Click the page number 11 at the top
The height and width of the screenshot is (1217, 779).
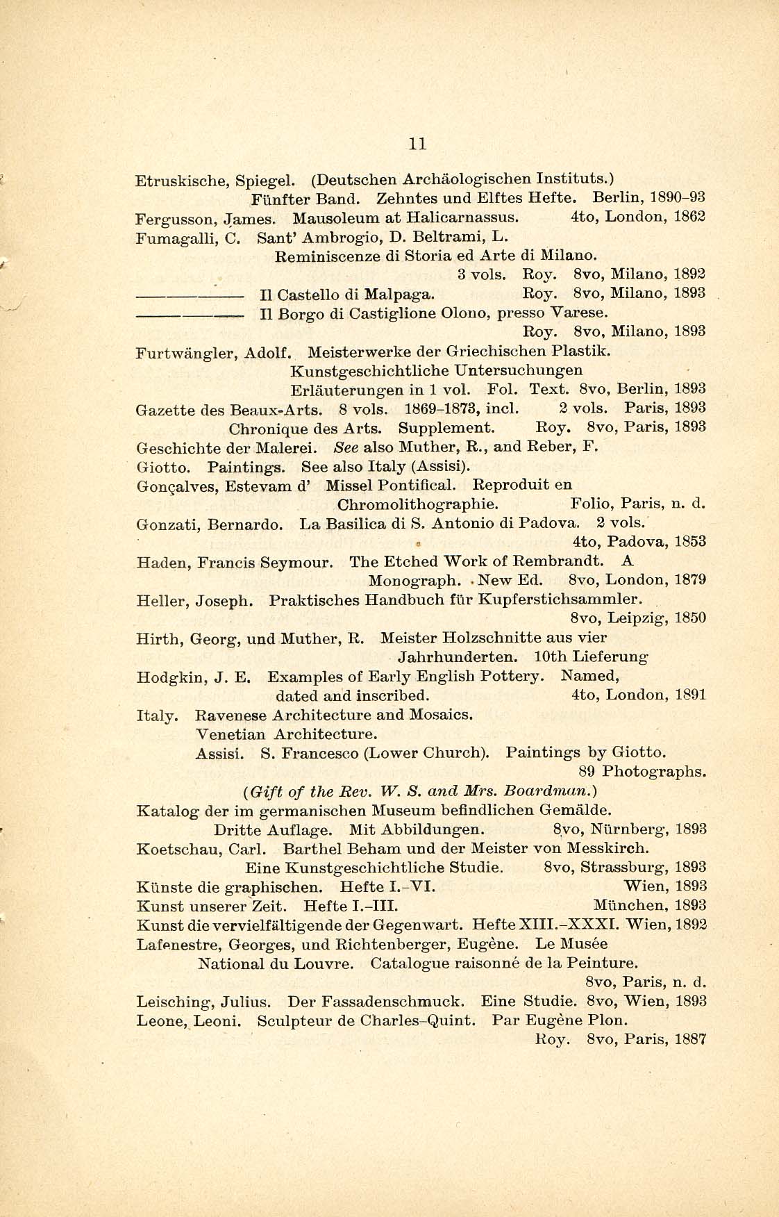417,144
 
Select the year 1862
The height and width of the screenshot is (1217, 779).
690,216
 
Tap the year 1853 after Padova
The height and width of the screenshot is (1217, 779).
690,540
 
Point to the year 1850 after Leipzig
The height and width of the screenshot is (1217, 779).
690,618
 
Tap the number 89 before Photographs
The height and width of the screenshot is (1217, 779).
588,771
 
